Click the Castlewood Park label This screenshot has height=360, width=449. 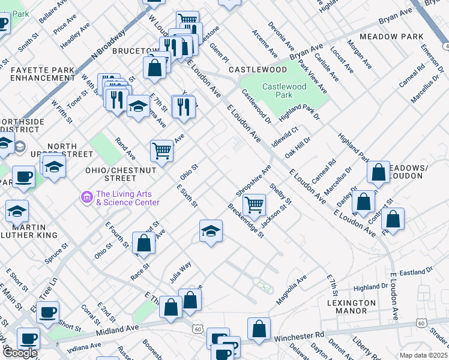click(285, 91)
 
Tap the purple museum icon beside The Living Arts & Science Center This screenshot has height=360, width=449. click(87, 196)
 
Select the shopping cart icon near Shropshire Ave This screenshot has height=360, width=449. click(255, 204)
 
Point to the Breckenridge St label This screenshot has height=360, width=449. click(246, 220)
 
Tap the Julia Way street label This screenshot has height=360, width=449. click(179, 271)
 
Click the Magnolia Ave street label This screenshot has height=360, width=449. click(291, 290)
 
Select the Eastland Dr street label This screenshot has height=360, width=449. click(412, 272)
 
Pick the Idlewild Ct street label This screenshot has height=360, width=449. click(285, 137)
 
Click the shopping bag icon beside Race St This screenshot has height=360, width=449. click(143, 243)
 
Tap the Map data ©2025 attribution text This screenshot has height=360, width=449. click(424, 355)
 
